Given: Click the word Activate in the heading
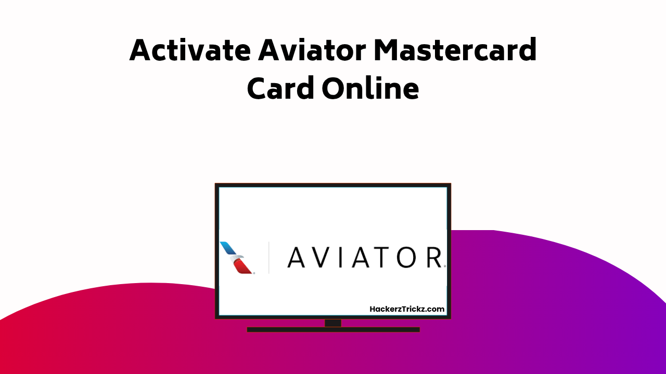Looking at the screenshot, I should pyautogui.click(x=189, y=50).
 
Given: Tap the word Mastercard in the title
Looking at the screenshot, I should pyautogui.click(x=455, y=50).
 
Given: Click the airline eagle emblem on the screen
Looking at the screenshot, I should pyautogui.click(x=236, y=257).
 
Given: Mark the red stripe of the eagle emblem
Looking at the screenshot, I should pyautogui.click(x=242, y=266).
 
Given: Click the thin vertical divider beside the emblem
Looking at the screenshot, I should pyautogui.click(x=268, y=257).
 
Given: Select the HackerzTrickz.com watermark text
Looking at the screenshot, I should pyautogui.click(x=407, y=309).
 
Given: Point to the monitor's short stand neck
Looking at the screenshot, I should pyautogui.click(x=333, y=323).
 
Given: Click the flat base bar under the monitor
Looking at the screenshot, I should pyautogui.click(x=333, y=329).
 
